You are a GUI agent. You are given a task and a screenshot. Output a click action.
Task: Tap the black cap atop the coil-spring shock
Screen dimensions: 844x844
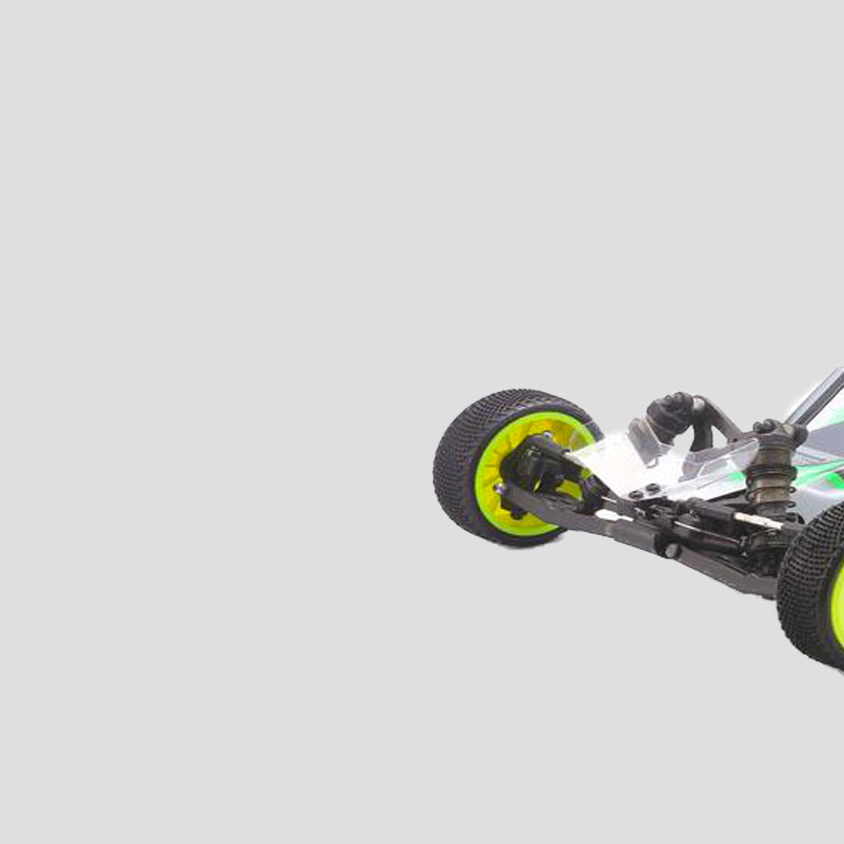coord(778,431)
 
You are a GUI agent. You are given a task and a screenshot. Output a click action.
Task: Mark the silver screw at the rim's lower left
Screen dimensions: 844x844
coord(501,489)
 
